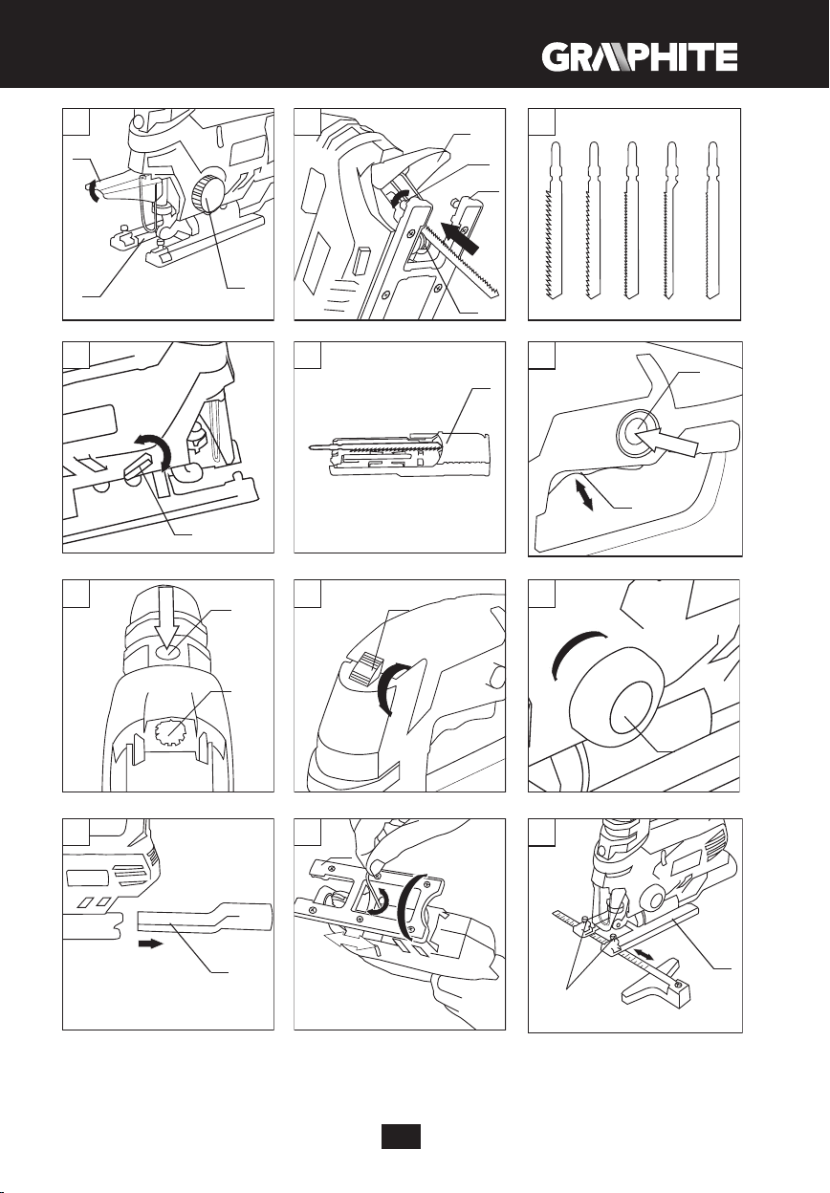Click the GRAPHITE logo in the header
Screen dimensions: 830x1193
[640, 57]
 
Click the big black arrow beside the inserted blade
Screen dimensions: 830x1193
[461, 237]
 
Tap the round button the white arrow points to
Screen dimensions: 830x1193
[637, 432]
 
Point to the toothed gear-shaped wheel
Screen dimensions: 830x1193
[168, 733]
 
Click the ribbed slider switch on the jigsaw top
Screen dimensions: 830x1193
[366, 668]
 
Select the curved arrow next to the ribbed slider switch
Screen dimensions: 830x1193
[389, 688]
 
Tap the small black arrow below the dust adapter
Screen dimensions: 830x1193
[150, 944]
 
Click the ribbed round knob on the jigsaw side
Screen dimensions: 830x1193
[207, 195]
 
